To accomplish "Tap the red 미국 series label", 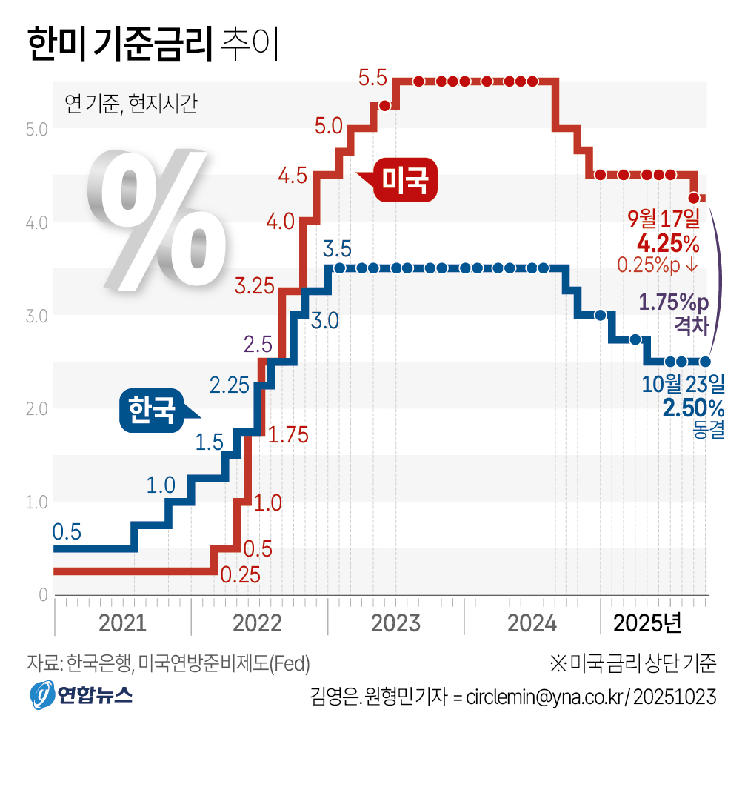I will (x=404, y=179).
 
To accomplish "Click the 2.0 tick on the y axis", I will (x=36, y=408).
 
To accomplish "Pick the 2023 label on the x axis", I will (x=395, y=623).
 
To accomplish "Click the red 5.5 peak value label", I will (x=372, y=77).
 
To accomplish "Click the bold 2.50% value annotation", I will (x=693, y=408).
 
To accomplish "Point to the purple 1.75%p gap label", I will (x=673, y=302).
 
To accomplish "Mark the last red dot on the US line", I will (x=694, y=198).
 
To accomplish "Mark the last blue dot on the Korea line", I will (x=705, y=362).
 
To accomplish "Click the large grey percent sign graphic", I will (x=156, y=219).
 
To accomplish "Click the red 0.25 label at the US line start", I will (x=240, y=575).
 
